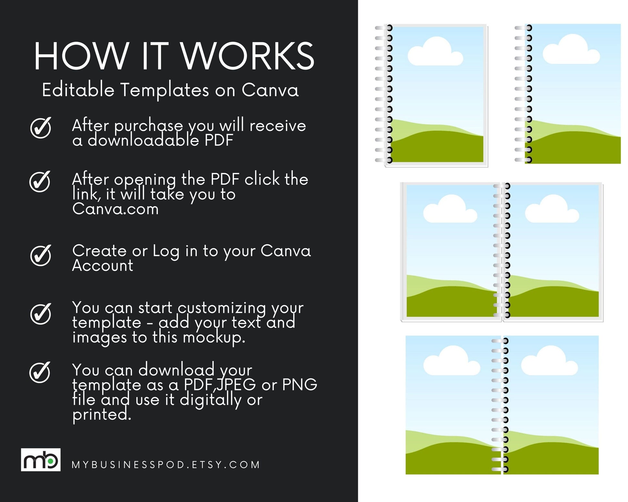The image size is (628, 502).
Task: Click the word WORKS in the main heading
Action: coord(247,56)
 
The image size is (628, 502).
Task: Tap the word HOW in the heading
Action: coord(82,56)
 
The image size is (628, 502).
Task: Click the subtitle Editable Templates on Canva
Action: coord(170,90)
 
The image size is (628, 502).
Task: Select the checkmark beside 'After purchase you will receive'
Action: coord(41,128)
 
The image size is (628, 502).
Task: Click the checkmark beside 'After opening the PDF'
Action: coord(40,181)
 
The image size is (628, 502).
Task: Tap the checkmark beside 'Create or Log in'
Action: coord(41,255)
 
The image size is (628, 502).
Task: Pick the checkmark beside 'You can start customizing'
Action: coord(41,314)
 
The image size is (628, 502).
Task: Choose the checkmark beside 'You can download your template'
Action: coord(40,372)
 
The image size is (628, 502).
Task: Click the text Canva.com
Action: coord(116,209)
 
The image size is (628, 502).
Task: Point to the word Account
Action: coord(103,265)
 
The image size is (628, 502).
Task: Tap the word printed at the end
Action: coord(102,415)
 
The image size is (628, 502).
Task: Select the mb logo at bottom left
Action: coord(41,460)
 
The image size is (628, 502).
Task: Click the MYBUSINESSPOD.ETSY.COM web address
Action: coord(166,465)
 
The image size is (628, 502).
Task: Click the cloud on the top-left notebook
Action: coord(435,52)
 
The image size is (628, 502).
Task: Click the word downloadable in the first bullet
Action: coord(143,140)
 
